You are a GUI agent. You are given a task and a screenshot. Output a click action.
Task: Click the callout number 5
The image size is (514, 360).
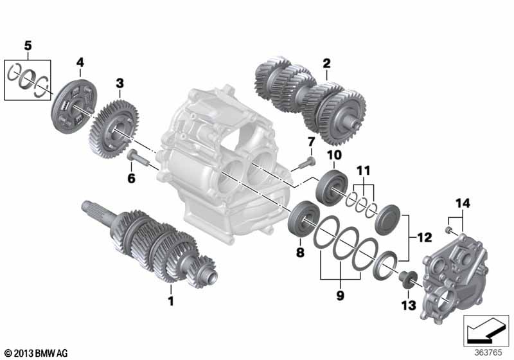pos(28,46)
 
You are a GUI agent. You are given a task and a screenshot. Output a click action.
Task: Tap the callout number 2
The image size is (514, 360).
pos(326,63)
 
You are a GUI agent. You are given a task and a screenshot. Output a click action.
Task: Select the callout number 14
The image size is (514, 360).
pos(463,203)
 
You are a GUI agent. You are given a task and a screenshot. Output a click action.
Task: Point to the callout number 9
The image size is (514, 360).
pos(341,296)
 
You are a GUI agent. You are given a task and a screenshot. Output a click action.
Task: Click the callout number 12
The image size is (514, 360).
pos(424,237)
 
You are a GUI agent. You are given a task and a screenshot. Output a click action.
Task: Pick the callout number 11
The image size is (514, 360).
pos(364,170)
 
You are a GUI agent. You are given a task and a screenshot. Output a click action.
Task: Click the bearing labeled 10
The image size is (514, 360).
pos(332,188)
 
